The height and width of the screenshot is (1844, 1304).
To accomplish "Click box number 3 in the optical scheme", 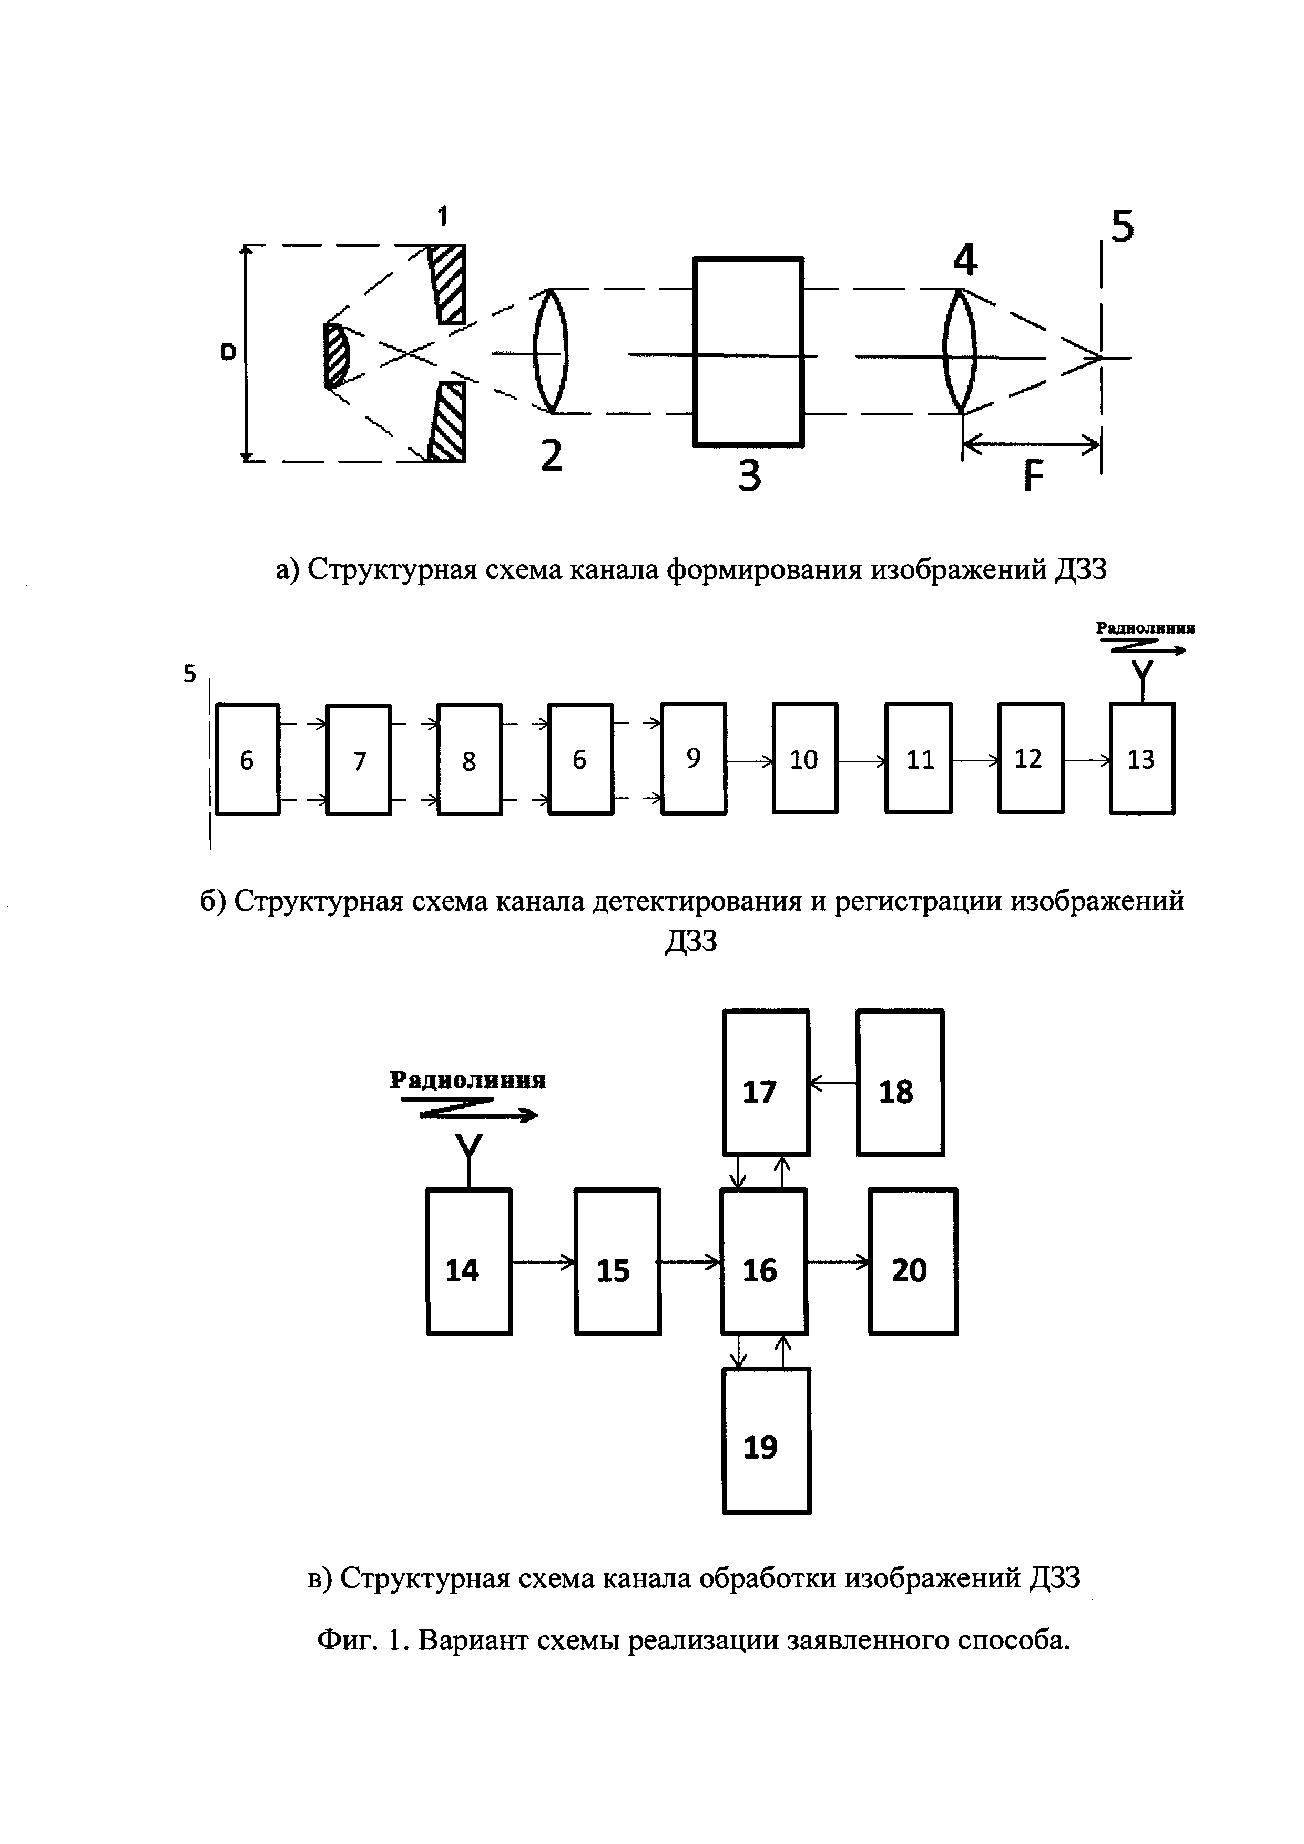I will tap(748, 351).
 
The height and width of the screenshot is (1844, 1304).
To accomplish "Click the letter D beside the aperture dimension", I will tap(229, 352).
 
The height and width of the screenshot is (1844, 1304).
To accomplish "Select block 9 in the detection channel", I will tap(694, 759).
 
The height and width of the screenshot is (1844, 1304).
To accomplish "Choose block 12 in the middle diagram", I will tap(1030, 759).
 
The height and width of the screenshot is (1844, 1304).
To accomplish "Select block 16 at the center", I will tap(763, 1270).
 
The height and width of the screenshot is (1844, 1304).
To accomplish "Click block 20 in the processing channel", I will tap(913, 1270).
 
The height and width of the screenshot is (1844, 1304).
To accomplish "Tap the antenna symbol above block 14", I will tap(469, 1157).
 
